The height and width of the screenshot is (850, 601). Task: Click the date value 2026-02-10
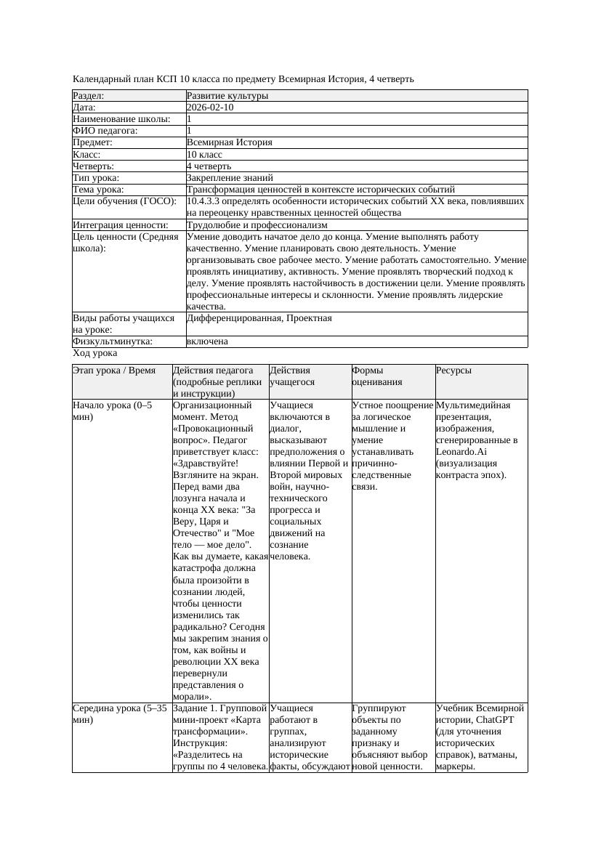(210, 108)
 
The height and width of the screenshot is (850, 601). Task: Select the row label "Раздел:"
(89, 96)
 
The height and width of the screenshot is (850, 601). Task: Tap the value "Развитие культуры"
(227, 96)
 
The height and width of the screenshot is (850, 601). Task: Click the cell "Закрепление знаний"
(230, 177)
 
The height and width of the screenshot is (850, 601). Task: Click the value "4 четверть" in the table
(209, 166)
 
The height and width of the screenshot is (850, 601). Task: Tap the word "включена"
(207, 341)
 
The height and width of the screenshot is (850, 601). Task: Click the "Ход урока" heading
(95, 353)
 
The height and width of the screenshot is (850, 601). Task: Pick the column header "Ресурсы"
(454, 371)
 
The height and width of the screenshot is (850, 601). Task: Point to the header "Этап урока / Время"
(114, 371)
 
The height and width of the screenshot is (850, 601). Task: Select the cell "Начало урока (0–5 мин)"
(113, 411)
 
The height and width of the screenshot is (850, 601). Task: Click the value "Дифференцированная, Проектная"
(259, 318)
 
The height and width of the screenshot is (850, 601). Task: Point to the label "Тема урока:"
(98, 190)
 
